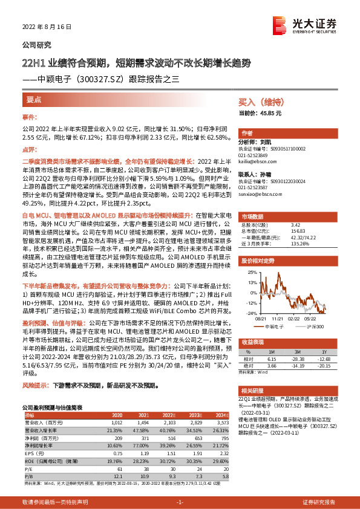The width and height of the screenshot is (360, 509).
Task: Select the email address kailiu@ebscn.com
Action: click(257, 162)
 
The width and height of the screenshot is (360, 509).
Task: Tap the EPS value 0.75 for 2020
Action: click(119, 452)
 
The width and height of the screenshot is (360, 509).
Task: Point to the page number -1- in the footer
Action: click(180, 502)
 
